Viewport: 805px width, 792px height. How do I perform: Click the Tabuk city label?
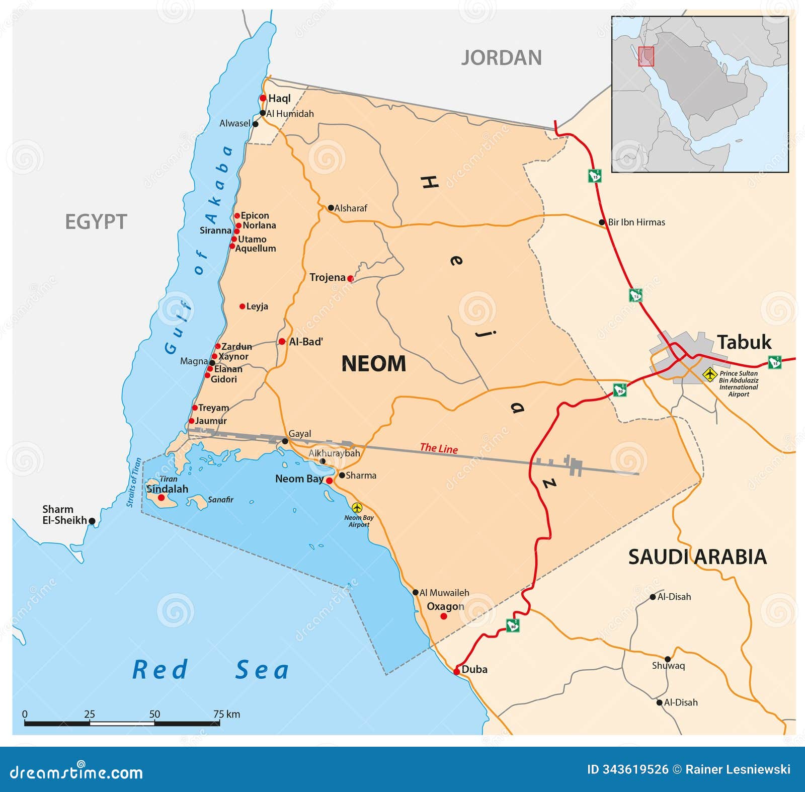744,342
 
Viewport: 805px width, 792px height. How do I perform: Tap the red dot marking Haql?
263,98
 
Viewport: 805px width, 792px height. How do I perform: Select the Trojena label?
328,277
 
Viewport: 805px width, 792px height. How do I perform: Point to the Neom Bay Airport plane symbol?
357,507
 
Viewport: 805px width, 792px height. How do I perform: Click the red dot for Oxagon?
444,616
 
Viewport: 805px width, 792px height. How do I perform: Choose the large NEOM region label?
373,363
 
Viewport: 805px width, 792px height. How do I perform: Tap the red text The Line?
439,448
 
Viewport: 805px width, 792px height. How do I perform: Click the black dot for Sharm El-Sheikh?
92,521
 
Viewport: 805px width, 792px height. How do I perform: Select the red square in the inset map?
646,56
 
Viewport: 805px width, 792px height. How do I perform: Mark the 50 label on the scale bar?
154,714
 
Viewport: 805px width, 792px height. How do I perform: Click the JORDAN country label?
501,58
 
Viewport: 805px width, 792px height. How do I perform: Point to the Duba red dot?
456,671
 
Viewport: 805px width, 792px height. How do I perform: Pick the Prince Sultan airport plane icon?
709,374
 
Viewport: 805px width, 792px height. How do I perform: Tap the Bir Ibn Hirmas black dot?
602,222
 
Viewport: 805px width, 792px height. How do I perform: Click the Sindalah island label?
167,489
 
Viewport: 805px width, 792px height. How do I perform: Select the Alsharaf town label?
351,208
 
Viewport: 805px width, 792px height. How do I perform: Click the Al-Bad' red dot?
282,342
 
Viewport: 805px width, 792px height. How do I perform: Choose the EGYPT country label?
96,222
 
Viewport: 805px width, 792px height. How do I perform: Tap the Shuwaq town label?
668,666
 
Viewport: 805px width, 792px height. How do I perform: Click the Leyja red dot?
242,306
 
